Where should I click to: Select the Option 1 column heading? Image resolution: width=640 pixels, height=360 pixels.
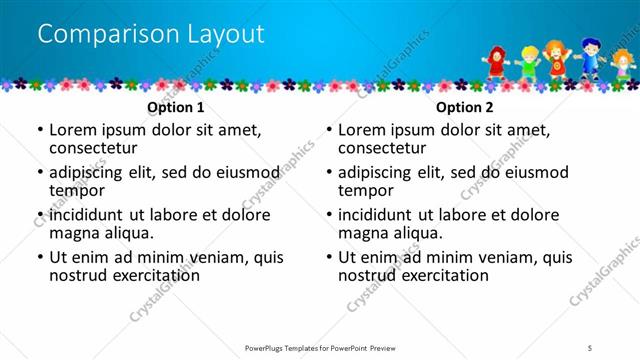point(175,107)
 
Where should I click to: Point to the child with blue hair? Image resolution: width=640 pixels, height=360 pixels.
point(592,55)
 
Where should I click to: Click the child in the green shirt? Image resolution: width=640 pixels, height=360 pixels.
point(527,63)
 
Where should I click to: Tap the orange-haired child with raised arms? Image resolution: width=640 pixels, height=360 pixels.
point(556,58)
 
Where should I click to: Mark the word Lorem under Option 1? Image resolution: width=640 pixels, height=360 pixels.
point(72,130)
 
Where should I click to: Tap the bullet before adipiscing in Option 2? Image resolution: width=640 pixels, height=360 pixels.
point(328,172)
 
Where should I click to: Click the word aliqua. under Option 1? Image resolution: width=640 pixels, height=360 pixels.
point(128,233)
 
